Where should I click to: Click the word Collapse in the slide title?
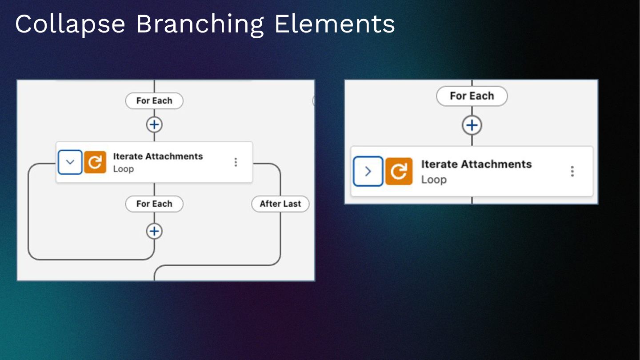click(70, 24)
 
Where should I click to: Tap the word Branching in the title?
click(200, 24)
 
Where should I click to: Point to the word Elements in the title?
click(334, 24)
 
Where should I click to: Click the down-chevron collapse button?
click(70, 162)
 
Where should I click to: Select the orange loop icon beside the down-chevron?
click(95, 162)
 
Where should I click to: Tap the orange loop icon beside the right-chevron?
click(399, 171)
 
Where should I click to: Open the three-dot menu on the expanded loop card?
click(236, 162)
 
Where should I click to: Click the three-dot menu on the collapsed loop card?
click(572, 171)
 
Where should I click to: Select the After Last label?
click(280, 204)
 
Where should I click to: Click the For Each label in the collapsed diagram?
click(472, 96)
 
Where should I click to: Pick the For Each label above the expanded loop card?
click(154, 101)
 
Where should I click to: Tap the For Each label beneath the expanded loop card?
click(154, 204)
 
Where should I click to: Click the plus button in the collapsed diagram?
click(472, 125)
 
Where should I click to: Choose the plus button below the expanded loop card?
click(154, 231)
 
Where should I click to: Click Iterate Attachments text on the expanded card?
click(158, 156)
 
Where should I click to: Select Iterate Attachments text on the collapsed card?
click(476, 164)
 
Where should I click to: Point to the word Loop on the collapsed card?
click(434, 180)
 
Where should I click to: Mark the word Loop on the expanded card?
click(123, 169)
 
